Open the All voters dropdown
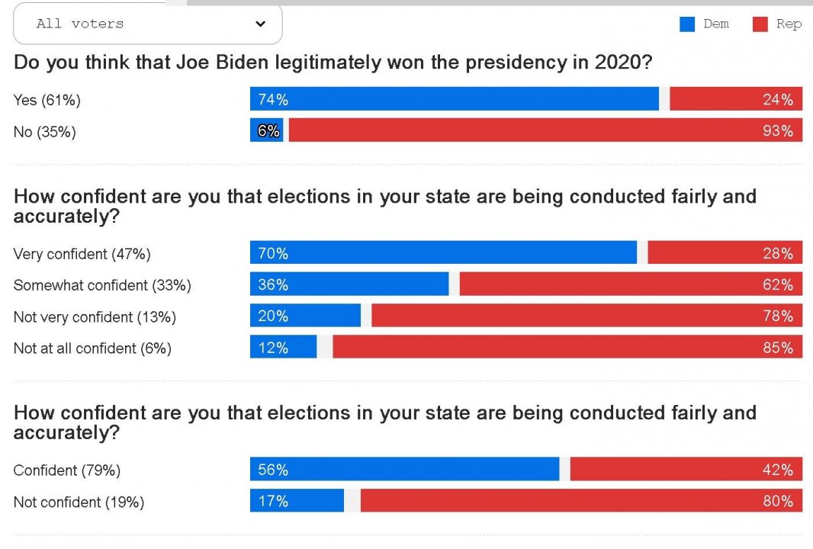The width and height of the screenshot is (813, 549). (147, 24)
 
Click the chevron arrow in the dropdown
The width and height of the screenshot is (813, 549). (260, 24)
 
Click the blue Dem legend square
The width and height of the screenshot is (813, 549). (687, 24)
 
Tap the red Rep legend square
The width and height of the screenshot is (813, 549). (760, 24)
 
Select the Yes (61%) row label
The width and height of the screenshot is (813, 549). (47, 100)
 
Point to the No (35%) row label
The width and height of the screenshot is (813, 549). (45, 132)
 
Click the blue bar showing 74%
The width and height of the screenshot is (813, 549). (455, 99)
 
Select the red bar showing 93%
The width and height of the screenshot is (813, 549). (545, 131)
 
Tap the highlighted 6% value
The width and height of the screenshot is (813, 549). (268, 131)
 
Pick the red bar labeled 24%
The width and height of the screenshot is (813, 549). (735, 99)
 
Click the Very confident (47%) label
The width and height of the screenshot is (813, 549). (82, 254)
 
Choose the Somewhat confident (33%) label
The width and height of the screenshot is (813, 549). (102, 285)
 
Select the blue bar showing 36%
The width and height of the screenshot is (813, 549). (349, 284)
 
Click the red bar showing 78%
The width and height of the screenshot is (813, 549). (586, 316)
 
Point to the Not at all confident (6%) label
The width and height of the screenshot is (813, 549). (92, 348)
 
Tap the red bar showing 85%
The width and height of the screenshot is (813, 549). (567, 348)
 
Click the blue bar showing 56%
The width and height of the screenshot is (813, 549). (404, 470)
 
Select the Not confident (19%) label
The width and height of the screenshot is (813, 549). (79, 502)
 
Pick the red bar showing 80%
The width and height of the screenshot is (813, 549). (580, 501)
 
